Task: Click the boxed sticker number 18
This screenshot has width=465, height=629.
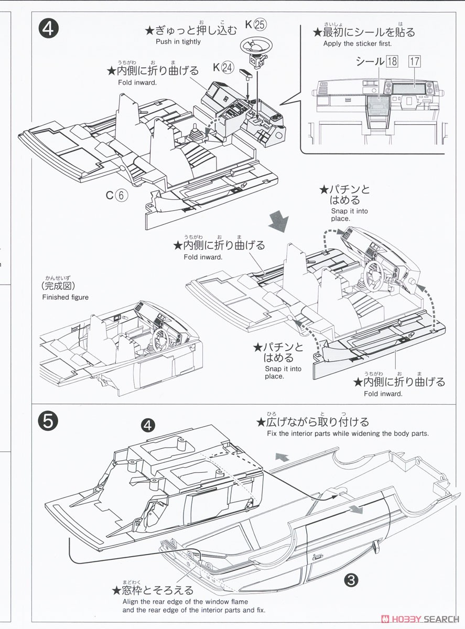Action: click(392, 61)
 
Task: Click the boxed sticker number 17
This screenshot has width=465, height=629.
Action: click(415, 61)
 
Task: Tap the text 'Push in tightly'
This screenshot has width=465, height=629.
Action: click(178, 42)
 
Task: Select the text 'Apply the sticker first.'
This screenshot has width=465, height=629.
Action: click(357, 44)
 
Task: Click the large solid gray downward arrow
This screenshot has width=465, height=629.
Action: click(278, 220)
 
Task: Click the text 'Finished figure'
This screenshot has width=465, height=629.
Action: click(65, 297)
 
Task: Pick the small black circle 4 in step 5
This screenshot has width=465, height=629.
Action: click(148, 425)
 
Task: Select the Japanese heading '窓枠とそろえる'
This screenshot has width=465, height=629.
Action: click(152, 591)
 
